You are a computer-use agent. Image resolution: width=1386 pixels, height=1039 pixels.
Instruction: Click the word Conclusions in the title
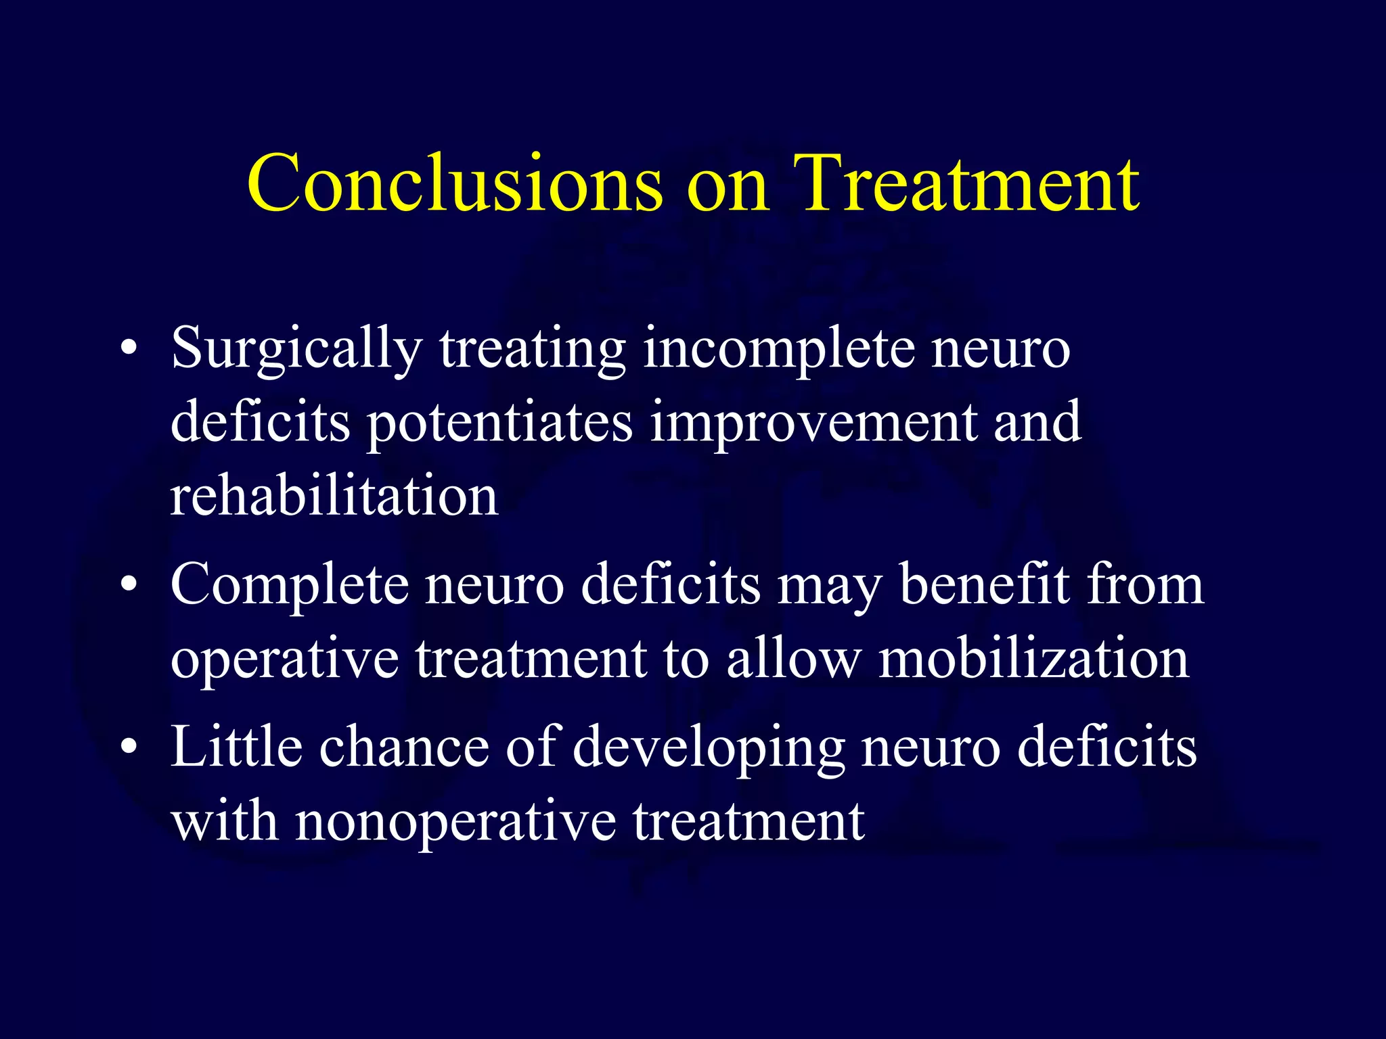[454, 183]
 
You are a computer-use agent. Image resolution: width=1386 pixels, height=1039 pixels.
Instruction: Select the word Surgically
[296, 350]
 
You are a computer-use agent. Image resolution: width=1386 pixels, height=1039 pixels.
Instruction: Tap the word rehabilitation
[334, 496]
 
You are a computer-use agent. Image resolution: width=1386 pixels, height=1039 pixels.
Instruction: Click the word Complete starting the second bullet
[290, 586]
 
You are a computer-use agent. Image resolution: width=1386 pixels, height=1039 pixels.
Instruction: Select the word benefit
[985, 586]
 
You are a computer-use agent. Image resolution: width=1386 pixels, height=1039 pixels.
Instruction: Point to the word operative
[285, 660]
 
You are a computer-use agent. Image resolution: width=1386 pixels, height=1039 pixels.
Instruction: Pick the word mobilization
[1033, 659]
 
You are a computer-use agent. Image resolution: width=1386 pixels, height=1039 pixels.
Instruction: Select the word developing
[709, 749]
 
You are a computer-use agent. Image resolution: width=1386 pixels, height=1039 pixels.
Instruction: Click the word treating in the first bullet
[533, 350]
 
